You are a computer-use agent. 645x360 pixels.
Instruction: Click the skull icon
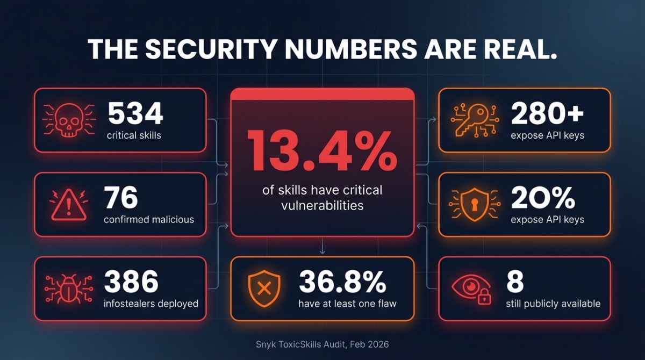click(69, 120)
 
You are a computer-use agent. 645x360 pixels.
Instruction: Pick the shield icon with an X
click(264, 289)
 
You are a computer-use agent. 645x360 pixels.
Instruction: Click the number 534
click(134, 113)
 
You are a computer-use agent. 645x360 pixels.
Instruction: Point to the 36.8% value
click(342, 282)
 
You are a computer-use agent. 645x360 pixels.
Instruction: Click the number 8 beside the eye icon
click(514, 282)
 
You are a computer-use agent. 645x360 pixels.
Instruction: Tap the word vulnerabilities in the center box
click(322, 205)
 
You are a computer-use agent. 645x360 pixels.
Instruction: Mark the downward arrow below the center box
click(322, 248)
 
